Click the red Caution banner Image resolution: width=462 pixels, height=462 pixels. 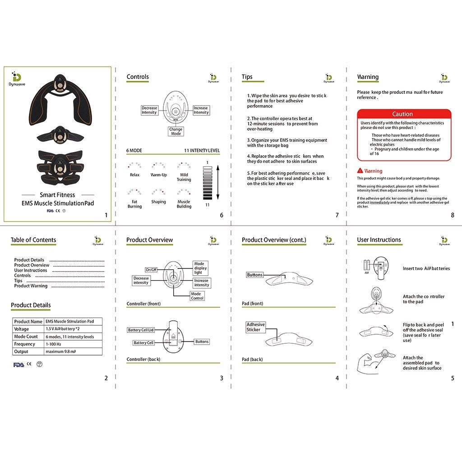tap(404, 114)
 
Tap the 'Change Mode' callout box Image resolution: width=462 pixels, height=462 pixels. tap(176, 131)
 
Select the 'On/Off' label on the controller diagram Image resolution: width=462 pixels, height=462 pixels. tap(151, 269)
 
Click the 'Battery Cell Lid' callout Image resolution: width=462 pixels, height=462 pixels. tap(141, 330)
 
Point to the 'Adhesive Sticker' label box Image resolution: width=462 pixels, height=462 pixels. tap(256, 327)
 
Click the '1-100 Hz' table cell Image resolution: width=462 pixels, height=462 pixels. tap(73, 344)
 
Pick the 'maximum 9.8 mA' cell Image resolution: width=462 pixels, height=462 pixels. tap(73, 351)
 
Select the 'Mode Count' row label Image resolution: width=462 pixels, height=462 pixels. tap(26, 337)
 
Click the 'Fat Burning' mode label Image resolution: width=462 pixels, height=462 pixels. tap(134, 204)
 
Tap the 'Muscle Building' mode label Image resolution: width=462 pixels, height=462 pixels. tap(184, 204)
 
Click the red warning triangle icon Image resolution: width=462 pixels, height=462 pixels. tap(360, 171)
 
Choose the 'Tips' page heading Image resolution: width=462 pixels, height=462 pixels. tap(247, 77)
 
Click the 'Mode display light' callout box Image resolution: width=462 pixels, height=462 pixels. tap(200, 268)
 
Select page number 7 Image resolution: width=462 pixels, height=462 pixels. tap(337, 215)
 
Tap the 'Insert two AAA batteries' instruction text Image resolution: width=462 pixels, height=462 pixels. tap(426, 268)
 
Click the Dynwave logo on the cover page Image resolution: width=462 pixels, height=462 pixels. tap(17, 77)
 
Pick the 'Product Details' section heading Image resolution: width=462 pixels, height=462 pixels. tap(31, 305)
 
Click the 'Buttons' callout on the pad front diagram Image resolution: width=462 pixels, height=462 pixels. tap(254, 275)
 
